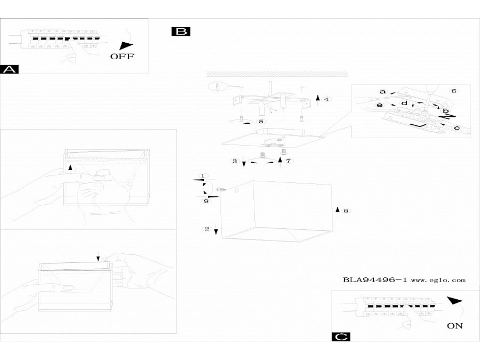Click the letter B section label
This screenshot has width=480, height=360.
pyautogui.click(x=181, y=32)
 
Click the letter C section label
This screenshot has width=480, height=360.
pyautogui.click(x=341, y=337)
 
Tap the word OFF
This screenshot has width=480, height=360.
pyautogui.click(x=122, y=56)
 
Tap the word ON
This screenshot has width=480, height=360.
pyautogui.click(x=455, y=325)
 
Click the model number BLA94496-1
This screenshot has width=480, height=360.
pyautogui.click(x=375, y=279)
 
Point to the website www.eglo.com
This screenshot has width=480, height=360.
pyautogui.click(x=438, y=279)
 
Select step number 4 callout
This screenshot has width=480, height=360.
pyautogui.click(x=326, y=99)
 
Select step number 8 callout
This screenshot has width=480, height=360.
pyautogui.click(x=346, y=211)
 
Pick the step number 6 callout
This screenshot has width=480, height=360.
pyautogui.click(x=454, y=91)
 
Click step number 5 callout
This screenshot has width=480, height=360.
pyautogui.click(x=261, y=122)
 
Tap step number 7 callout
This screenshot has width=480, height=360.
pyautogui.click(x=288, y=161)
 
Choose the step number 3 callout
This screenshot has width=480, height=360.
pyautogui.click(x=234, y=161)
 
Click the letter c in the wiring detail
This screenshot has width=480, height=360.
pyautogui.click(x=457, y=128)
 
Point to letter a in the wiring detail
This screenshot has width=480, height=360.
pyautogui.click(x=382, y=92)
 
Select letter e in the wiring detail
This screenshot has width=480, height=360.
pyautogui.click(x=380, y=106)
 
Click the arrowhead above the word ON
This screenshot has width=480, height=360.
pyautogui.click(x=454, y=301)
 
